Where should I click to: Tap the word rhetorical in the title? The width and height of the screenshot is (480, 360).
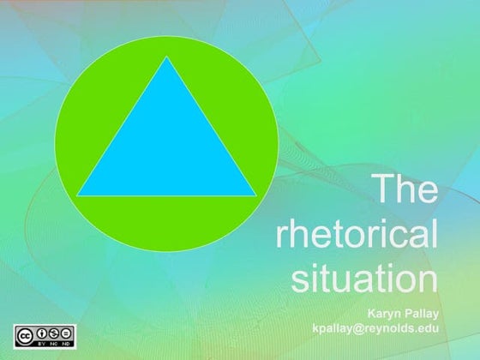pyautogui.click(x=356, y=233)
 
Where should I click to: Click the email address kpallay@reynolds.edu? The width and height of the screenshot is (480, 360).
pyautogui.click(x=376, y=328)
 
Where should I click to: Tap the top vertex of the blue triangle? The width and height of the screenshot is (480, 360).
pyautogui.click(x=166, y=58)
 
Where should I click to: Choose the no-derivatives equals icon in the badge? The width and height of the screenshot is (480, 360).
pyautogui.click(x=66, y=333)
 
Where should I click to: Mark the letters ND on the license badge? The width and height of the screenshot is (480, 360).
pyautogui.click(x=66, y=341)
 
